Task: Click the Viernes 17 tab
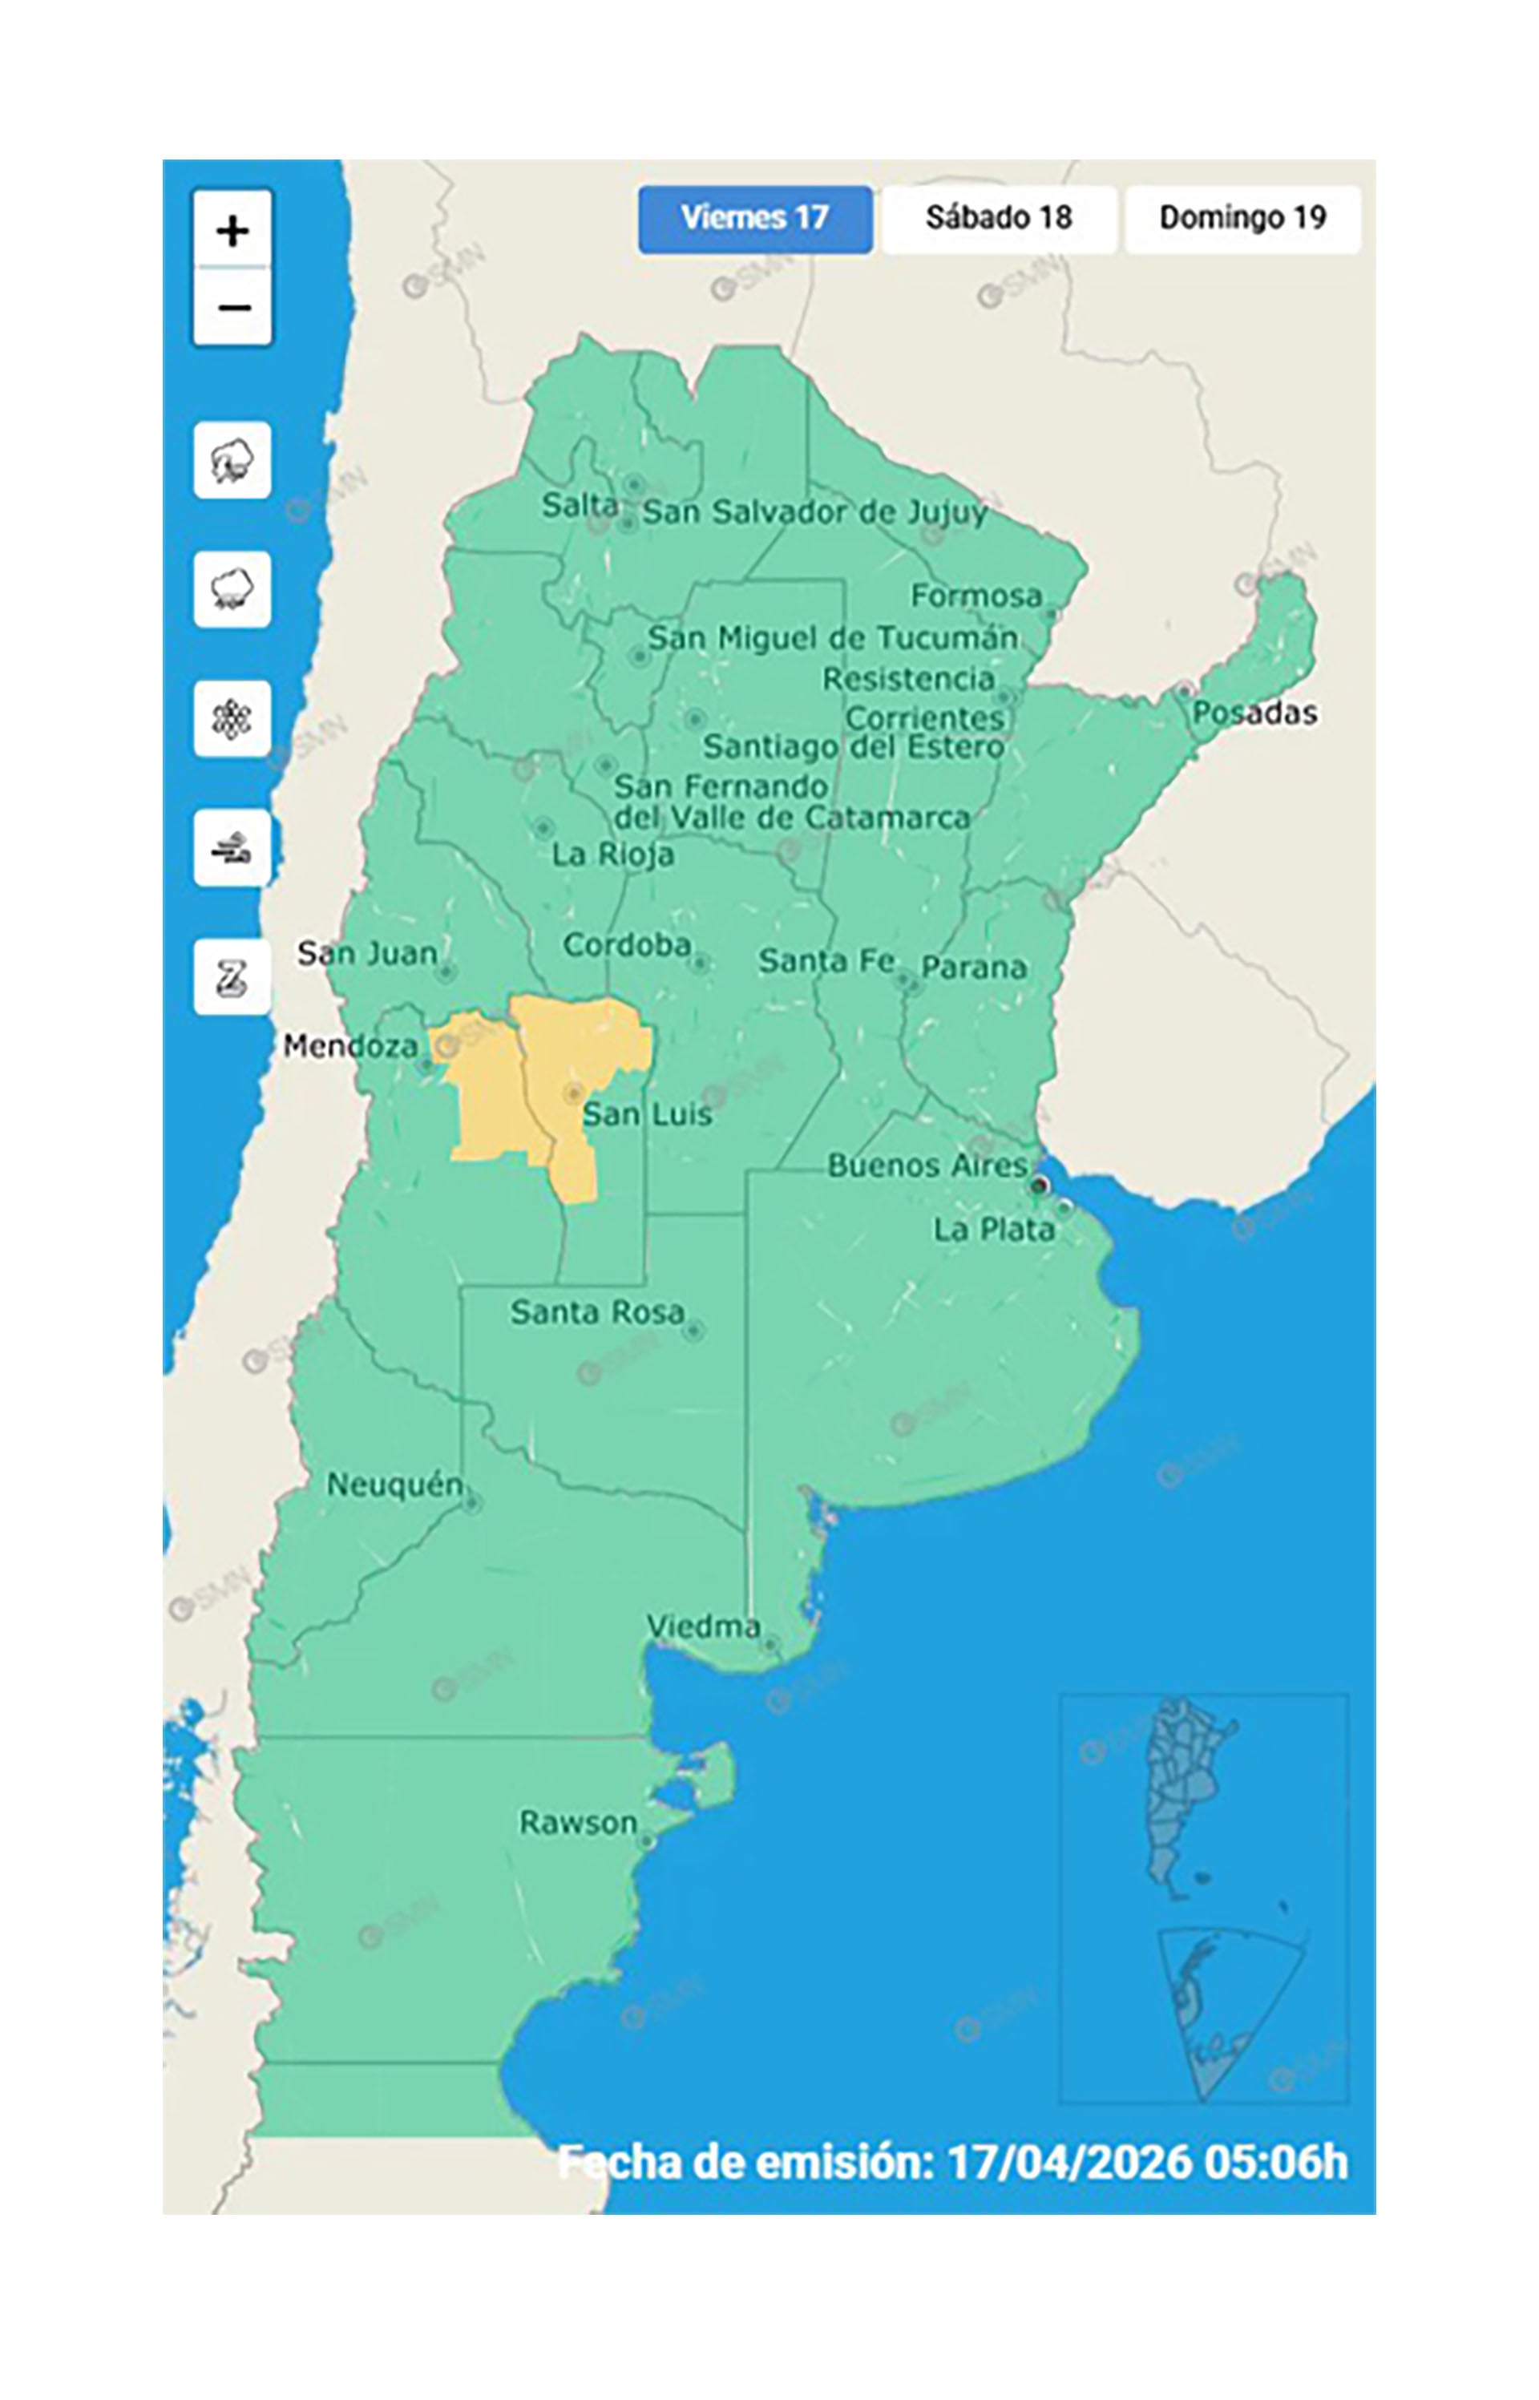pos(754,218)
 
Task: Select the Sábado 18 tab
pos(999,218)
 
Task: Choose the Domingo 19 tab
pos(1242,218)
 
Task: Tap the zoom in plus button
pos(232,231)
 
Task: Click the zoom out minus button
pos(232,307)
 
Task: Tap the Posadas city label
pos(1254,713)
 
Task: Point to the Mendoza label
pos(349,1046)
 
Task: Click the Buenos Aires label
pos(927,1165)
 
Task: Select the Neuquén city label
pos(394,1485)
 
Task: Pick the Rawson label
pos(578,1823)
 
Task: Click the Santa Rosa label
pos(596,1312)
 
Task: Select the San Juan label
pos(367,953)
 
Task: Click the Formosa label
pos(976,596)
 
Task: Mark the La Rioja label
pos(612,855)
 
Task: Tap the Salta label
pos(579,506)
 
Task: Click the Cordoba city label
pos(627,945)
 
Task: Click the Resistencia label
pos(907,680)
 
